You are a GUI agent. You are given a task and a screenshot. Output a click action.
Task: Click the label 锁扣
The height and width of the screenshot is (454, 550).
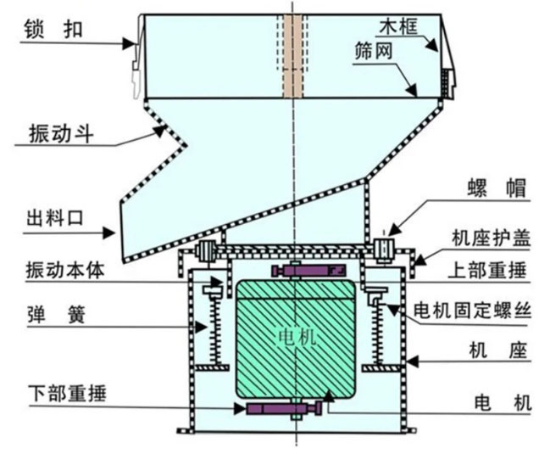point(53,29)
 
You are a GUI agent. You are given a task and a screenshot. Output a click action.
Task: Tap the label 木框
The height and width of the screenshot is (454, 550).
point(398,26)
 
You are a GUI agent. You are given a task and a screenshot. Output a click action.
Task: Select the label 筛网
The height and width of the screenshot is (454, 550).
point(373,51)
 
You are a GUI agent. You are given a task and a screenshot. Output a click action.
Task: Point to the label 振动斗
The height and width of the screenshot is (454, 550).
point(61,134)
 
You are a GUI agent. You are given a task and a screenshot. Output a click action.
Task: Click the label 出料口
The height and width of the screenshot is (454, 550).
point(55,218)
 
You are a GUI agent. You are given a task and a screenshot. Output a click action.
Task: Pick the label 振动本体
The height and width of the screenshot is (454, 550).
point(65,271)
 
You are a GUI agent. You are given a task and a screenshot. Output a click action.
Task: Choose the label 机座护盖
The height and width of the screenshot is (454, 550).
point(491,238)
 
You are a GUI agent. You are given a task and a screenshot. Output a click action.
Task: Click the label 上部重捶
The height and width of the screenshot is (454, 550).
point(487,271)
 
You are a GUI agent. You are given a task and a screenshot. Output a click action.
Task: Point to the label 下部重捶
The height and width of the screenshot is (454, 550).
point(67,393)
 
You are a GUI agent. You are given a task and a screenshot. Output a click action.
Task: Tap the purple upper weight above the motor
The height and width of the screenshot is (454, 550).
point(308,271)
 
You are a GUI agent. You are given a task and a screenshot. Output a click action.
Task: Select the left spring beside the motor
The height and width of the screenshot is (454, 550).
point(215,327)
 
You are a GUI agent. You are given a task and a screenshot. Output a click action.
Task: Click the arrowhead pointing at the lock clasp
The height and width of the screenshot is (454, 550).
point(130,43)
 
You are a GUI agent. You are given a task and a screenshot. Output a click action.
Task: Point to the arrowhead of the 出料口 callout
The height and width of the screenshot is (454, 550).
point(108,233)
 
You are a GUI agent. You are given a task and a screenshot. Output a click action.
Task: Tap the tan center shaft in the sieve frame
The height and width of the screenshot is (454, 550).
point(293,56)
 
